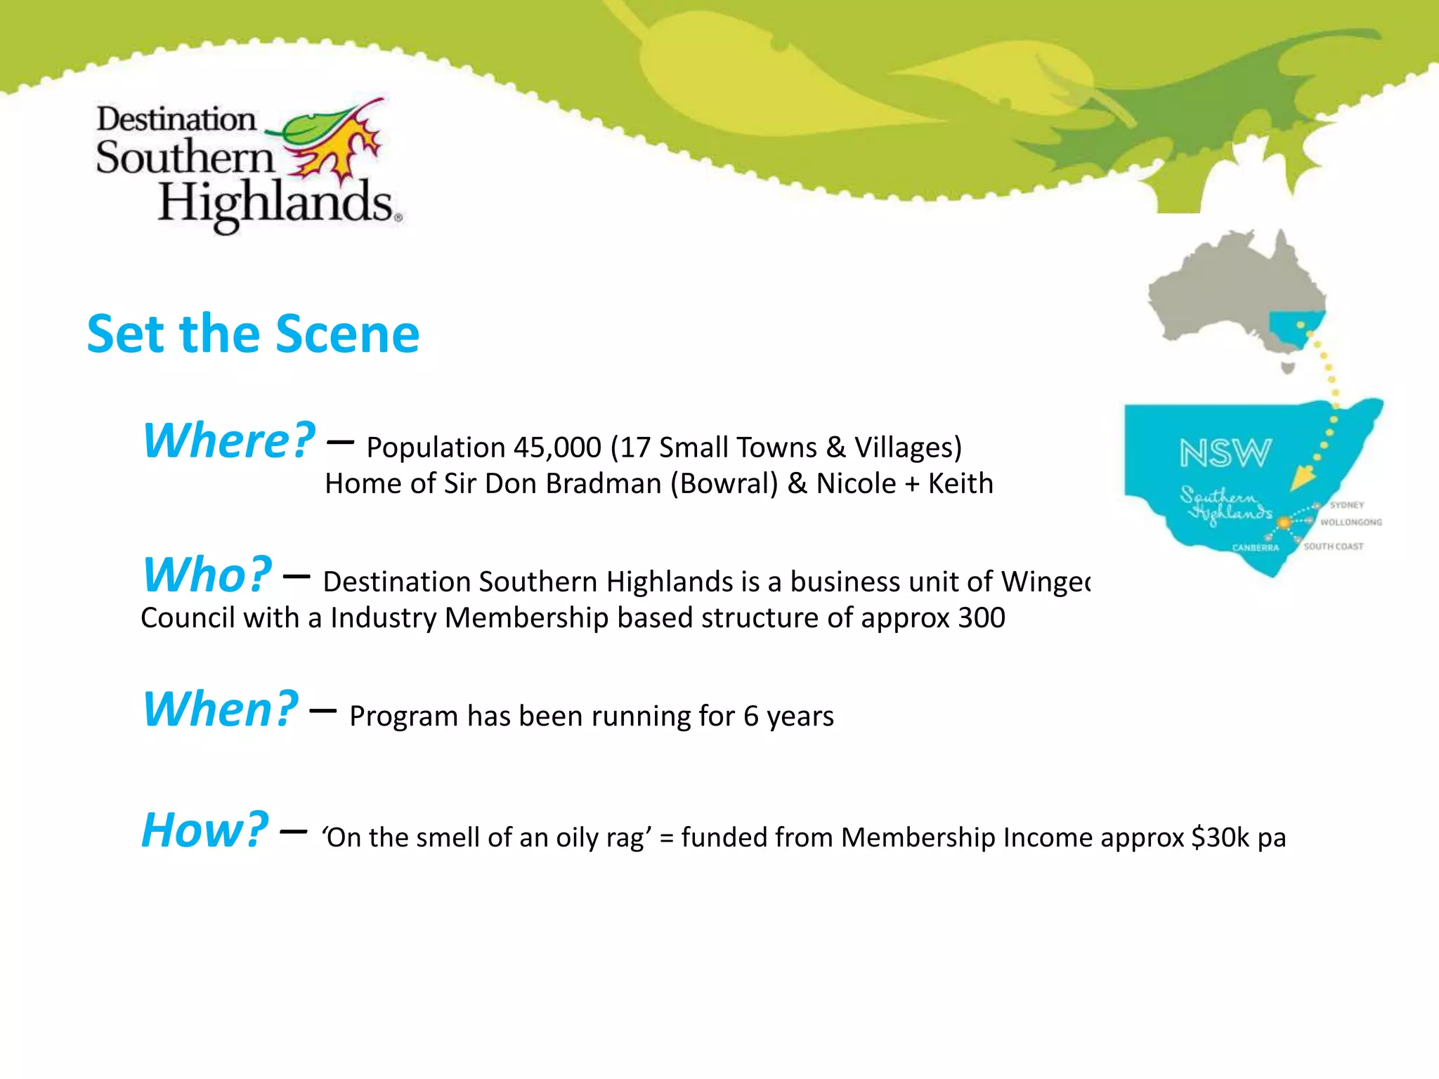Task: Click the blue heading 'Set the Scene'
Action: coord(253,334)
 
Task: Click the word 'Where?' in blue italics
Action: coord(229,440)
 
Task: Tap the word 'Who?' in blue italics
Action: coord(207,575)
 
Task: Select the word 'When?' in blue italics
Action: coord(221,709)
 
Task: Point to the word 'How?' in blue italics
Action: coord(204,830)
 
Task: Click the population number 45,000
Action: coord(557,447)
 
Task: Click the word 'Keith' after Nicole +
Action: coord(961,484)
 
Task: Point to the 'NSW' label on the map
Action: coord(1225,453)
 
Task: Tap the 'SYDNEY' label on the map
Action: coord(1346,505)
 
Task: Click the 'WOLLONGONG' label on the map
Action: coord(1350,522)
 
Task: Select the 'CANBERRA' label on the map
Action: coord(1255,547)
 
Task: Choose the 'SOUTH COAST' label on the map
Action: coord(1333,546)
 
